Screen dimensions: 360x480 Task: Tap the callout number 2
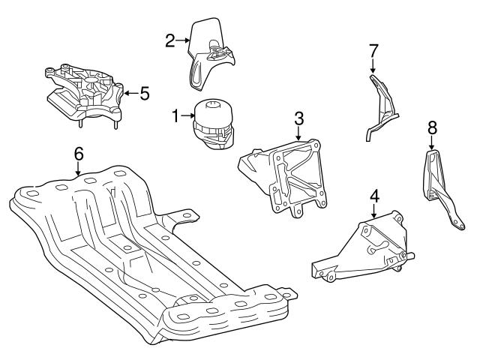point(170,40)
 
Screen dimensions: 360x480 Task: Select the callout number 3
point(298,118)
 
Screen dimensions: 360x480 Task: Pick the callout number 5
point(145,94)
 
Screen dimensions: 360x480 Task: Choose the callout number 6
point(78,154)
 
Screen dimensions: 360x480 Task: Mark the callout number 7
point(373,51)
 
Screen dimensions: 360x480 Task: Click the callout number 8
point(433,128)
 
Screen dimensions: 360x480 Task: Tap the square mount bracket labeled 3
point(289,176)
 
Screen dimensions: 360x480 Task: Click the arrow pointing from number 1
point(187,116)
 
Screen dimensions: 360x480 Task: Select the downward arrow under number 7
point(373,67)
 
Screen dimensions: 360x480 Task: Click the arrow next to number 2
point(182,40)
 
